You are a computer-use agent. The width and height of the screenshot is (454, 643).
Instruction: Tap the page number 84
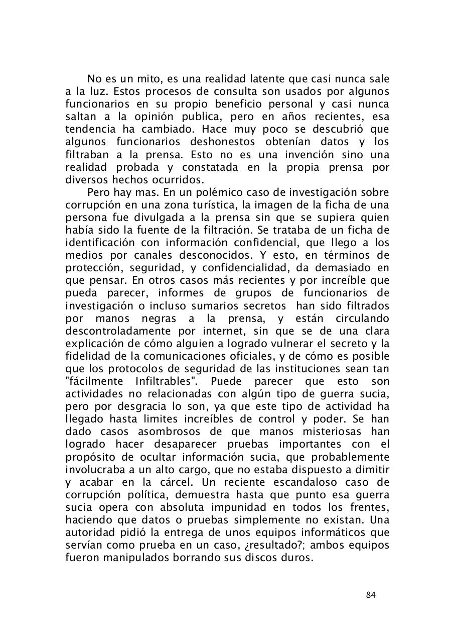(x=371, y=595)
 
